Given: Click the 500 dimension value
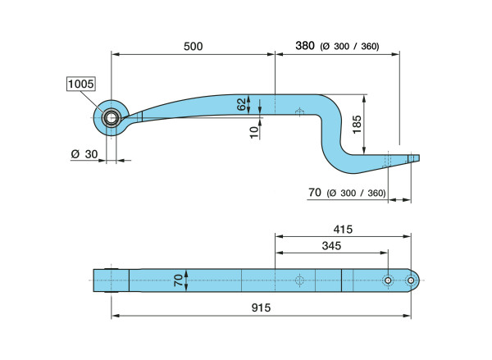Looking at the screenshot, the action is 193,47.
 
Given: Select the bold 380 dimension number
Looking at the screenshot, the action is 305,46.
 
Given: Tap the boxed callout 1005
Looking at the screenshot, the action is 81,84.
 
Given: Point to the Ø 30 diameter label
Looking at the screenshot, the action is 84,154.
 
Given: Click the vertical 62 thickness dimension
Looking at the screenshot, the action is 242,104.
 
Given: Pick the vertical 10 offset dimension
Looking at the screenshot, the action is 254,132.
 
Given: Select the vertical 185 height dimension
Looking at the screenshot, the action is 357,125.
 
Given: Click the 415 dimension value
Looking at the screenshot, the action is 343,230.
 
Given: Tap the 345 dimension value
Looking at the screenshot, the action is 331,246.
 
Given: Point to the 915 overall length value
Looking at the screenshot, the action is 261,308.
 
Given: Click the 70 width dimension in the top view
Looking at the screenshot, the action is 178,280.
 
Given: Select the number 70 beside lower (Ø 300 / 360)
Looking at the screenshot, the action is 315,193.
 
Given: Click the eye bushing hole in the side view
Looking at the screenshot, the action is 111,118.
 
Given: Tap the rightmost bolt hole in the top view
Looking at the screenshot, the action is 411,280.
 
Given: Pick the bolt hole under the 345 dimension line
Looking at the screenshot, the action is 388,280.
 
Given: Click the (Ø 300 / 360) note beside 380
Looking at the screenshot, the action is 349,47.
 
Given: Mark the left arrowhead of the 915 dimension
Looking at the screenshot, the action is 115,316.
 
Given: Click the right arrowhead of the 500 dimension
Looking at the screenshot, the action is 271,54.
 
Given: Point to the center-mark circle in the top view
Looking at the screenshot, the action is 299,280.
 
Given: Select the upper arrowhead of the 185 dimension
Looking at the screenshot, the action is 364,98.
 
